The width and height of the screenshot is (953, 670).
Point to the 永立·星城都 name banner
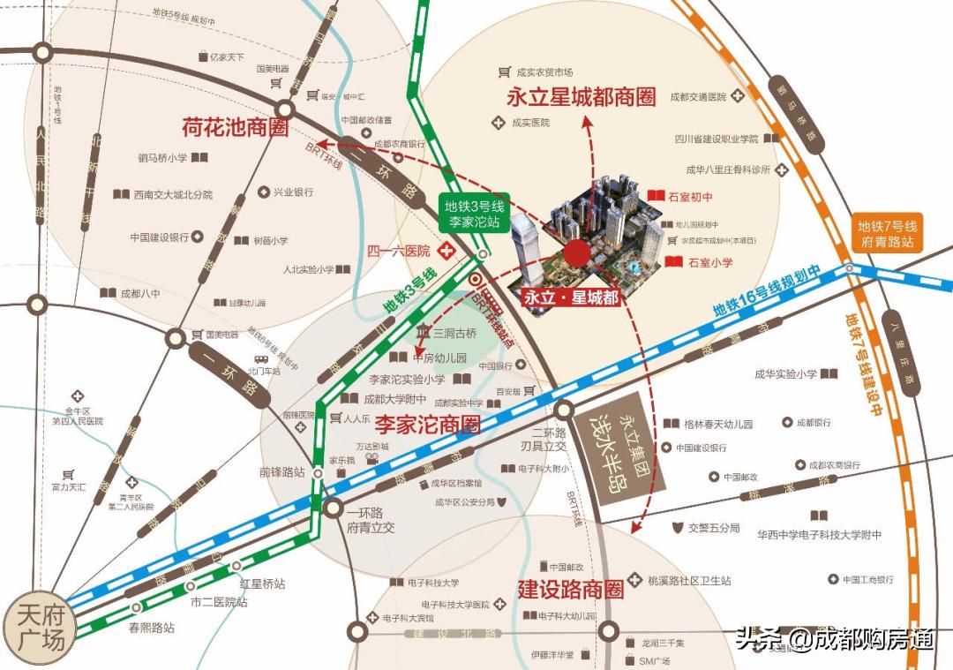568,297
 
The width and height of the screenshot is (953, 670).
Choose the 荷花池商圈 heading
235,127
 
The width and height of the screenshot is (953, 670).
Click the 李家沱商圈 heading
428,425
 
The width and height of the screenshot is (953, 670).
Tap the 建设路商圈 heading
570,589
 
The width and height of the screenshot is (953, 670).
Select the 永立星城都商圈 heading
582,97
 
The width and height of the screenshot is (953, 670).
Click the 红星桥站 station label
262,583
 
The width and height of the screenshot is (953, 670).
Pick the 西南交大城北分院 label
173,194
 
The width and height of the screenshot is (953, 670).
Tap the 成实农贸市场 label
544,72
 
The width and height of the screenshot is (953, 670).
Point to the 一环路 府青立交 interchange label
371,520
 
